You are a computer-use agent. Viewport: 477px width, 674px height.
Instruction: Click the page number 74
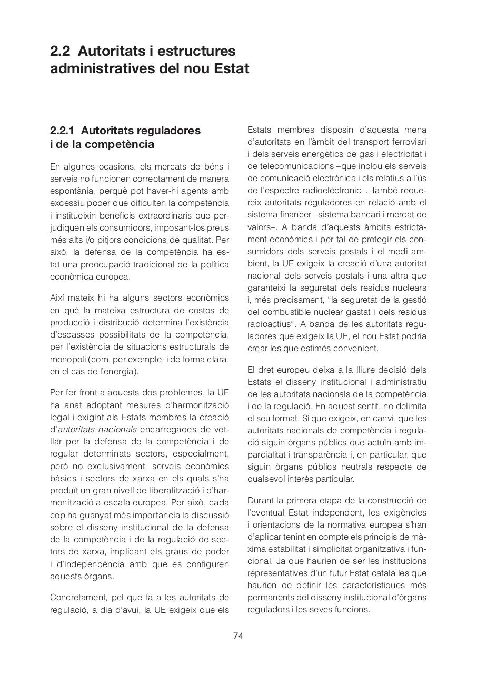click(238, 636)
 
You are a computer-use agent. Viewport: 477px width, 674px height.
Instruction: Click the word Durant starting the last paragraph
click(261, 500)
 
